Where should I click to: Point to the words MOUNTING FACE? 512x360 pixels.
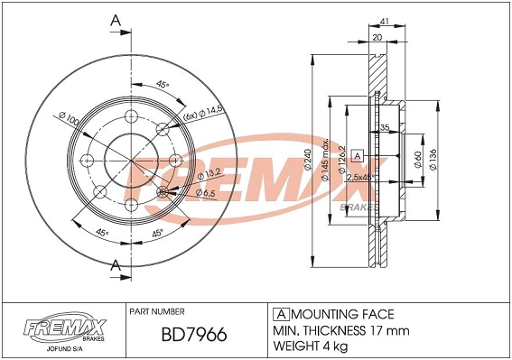pyautogui.click(x=340, y=314)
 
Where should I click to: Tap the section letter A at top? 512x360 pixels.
pyautogui.click(x=115, y=18)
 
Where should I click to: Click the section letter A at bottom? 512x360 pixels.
pyautogui.click(x=115, y=263)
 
